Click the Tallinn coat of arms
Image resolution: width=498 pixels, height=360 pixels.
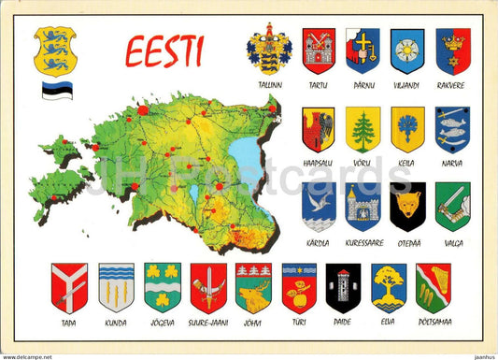pos(269,49)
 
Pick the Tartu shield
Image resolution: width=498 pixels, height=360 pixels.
pos(319,50)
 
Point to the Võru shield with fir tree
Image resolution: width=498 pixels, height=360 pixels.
pos(363,129)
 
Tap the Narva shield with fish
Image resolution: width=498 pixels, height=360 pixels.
pos(452,129)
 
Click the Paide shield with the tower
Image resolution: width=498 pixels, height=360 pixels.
pos(343,287)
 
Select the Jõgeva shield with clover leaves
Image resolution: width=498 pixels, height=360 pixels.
pos(163,286)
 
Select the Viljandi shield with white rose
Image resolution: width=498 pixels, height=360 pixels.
pos(407,50)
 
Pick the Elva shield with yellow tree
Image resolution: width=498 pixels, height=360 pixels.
pos(389,287)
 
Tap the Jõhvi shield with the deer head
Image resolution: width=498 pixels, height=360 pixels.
pos(253,287)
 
